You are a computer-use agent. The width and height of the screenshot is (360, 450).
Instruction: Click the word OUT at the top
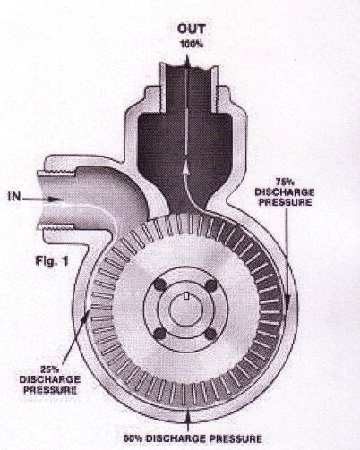(x=192, y=29)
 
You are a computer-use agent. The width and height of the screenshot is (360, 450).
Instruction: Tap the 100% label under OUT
(x=192, y=45)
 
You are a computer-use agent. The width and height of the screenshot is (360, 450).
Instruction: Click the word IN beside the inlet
(x=14, y=197)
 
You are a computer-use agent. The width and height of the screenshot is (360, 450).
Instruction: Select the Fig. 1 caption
(x=52, y=261)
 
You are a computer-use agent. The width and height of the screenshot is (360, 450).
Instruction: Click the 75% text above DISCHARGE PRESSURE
(x=283, y=182)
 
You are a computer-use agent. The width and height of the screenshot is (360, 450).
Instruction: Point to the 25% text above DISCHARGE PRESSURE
(x=50, y=369)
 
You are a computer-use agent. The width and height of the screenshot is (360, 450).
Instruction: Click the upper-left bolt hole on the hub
(x=159, y=285)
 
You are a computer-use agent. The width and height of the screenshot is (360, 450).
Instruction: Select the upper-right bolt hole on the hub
(x=211, y=285)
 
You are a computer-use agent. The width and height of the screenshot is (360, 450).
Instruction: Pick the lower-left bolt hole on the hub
(x=159, y=333)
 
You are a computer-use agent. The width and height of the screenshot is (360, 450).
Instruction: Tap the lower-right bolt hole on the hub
(x=210, y=333)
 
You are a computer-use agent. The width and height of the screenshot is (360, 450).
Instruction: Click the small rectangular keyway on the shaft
(x=186, y=296)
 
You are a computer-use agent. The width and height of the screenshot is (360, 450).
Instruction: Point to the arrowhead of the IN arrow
(x=56, y=200)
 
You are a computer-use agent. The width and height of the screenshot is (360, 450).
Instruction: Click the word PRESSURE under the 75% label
(x=285, y=202)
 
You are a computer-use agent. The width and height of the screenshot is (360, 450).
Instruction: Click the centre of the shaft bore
(x=185, y=310)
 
